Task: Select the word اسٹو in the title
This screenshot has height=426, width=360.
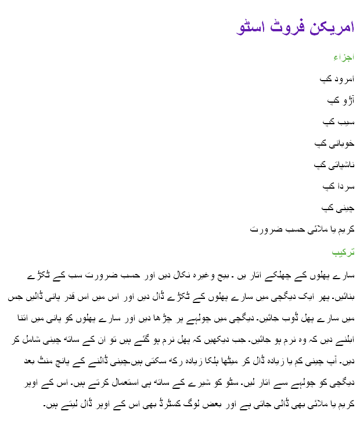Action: click(251, 27)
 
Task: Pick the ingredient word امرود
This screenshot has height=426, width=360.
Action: click(344, 78)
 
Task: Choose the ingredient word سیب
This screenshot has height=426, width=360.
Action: click(347, 121)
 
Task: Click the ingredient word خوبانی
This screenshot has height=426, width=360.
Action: click(342, 143)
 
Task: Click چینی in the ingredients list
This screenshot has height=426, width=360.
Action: click(346, 208)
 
